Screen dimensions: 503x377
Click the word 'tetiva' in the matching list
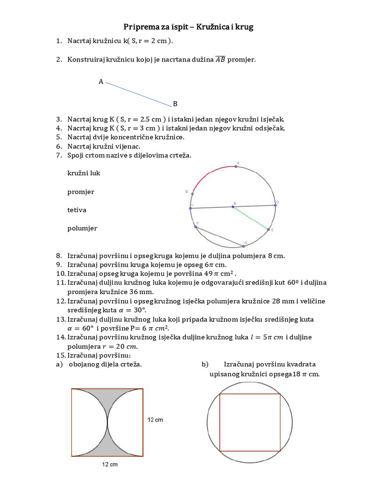(x=77, y=210)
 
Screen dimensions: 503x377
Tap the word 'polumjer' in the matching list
(x=82, y=228)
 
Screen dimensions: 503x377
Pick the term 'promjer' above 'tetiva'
(x=81, y=192)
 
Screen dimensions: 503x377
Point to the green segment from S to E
(x=251, y=218)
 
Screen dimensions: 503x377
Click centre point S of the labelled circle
(x=233, y=207)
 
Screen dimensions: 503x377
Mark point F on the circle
(x=195, y=227)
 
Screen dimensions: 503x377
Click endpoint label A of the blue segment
(x=101, y=82)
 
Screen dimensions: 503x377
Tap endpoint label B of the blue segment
(x=175, y=104)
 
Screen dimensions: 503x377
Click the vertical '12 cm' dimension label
(x=156, y=419)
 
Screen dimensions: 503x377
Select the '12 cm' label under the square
(x=109, y=464)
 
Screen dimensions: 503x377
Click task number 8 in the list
(x=58, y=255)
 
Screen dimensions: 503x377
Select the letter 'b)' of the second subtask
(x=205, y=364)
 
